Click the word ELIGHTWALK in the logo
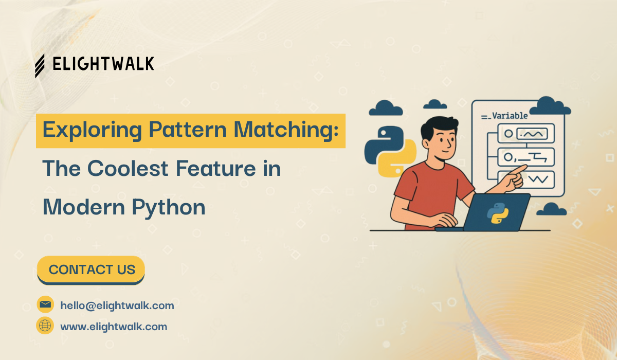(x=103, y=64)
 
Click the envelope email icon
(x=45, y=304)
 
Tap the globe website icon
(x=45, y=326)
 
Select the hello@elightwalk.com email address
(x=117, y=305)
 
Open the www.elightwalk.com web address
(x=114, y=327)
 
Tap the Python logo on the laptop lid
(x=498, y=212)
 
